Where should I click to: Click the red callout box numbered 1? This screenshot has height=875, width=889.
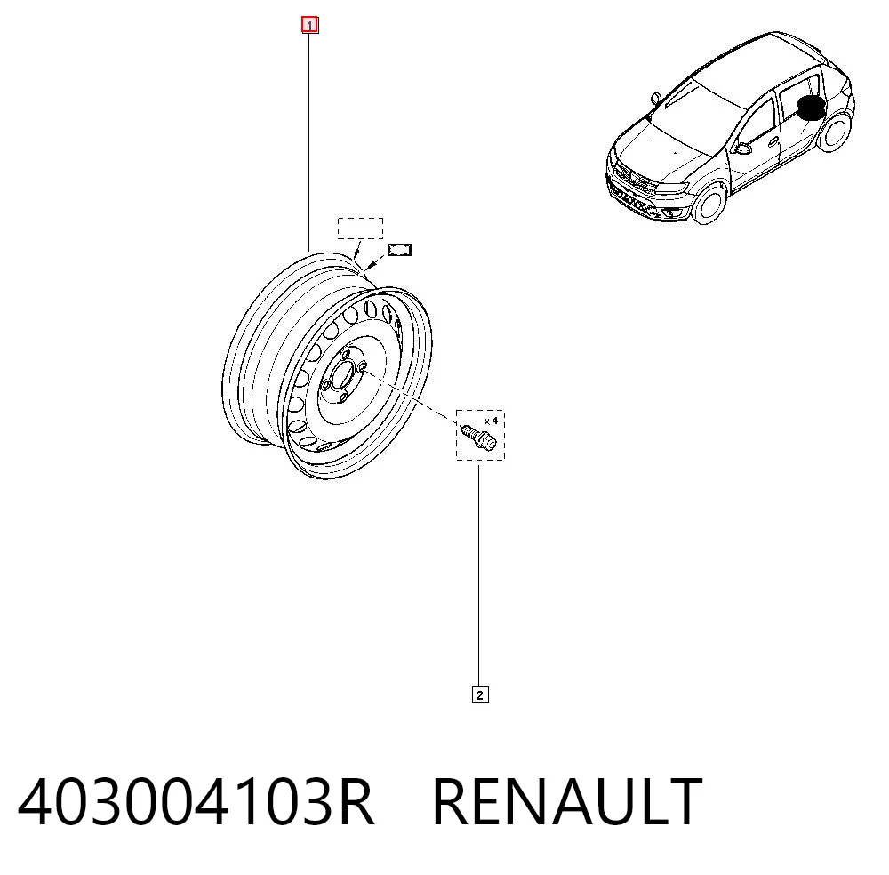(x=309, y=26)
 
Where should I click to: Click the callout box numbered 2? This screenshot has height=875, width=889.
(x=480, y=695)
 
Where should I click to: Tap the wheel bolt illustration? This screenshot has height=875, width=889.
(x=479, y=436)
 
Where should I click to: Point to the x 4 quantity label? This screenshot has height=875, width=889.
(x=491, y=421)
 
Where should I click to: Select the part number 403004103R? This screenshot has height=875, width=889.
(x=196, y=801)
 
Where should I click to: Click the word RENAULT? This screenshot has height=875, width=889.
(x=567, y=801)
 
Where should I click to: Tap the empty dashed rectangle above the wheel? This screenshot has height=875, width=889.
(x=361, y=229)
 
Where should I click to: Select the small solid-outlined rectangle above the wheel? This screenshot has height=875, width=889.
(x=399, y=250)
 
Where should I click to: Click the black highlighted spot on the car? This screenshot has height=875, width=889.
(x=812, y=108)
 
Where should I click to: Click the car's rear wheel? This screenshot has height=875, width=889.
(x=834, y=132)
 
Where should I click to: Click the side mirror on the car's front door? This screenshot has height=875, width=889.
(x=741, y=149)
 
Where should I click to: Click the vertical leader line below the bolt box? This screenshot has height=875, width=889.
(x=479, y=576)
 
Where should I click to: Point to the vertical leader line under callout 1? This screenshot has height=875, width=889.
(x=309, y=142)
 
